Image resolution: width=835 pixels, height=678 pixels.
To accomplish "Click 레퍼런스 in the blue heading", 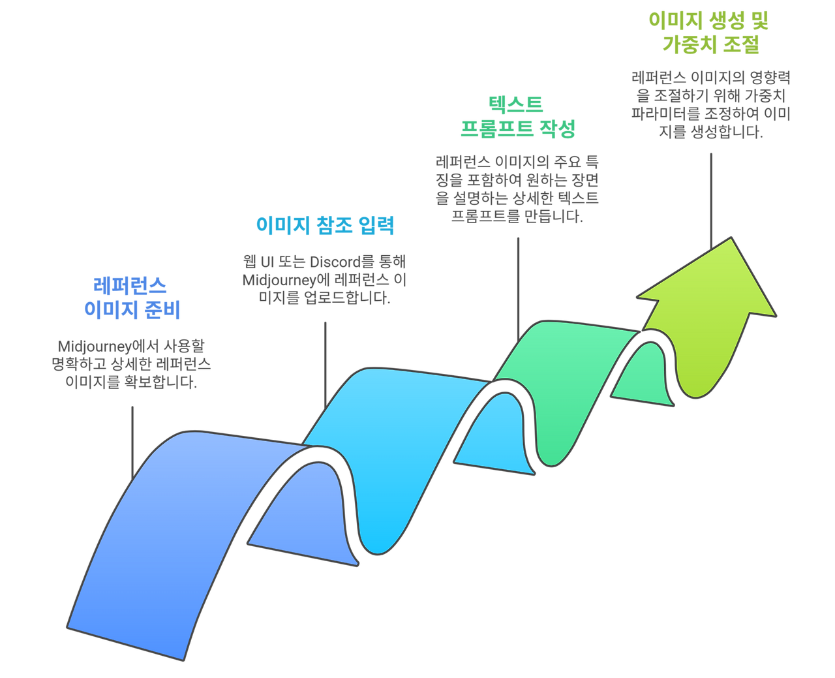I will pos(130,286).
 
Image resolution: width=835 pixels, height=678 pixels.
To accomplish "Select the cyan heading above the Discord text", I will pos(325,226).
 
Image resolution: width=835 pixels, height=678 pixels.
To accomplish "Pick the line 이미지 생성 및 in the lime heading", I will pos(708,21).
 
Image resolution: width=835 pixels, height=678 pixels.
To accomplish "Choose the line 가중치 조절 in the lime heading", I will pos(710,44).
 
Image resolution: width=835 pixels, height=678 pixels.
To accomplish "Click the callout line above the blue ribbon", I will pos(132,437).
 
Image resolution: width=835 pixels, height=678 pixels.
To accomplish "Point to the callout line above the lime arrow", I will pos(711,196).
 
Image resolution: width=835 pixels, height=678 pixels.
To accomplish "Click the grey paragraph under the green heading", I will pos(517,189).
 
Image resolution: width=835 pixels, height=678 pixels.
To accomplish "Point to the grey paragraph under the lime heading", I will pos(710,105).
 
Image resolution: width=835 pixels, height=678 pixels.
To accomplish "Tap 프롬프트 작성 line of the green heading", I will pos(517,129).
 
